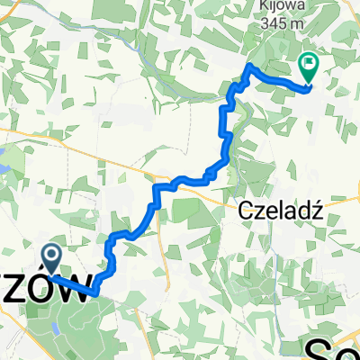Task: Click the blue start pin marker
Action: pyautogui.click(x=51, y=259)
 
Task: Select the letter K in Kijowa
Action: pyautogui.click(x=260, y=6)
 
